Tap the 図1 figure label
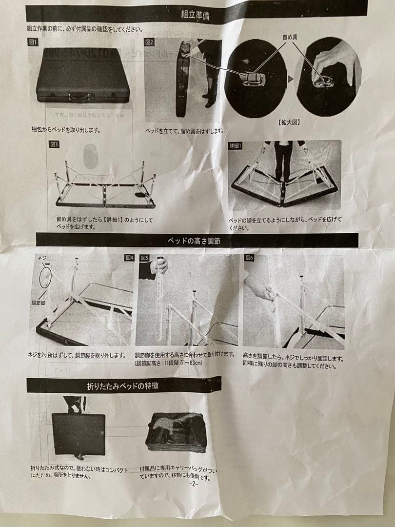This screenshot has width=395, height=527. [34, 42]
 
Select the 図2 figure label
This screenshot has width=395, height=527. [150, 42]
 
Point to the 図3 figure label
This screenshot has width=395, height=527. [54, 144]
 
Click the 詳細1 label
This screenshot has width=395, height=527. [236, 145]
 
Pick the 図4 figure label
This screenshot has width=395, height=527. [129, 257]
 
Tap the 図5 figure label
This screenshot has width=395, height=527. [144, 258]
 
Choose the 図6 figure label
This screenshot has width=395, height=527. [250, 257]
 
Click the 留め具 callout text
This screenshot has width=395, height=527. [291, 37]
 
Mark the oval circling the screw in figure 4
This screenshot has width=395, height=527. [45, 276]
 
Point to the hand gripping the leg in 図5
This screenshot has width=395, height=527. [159, 265]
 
